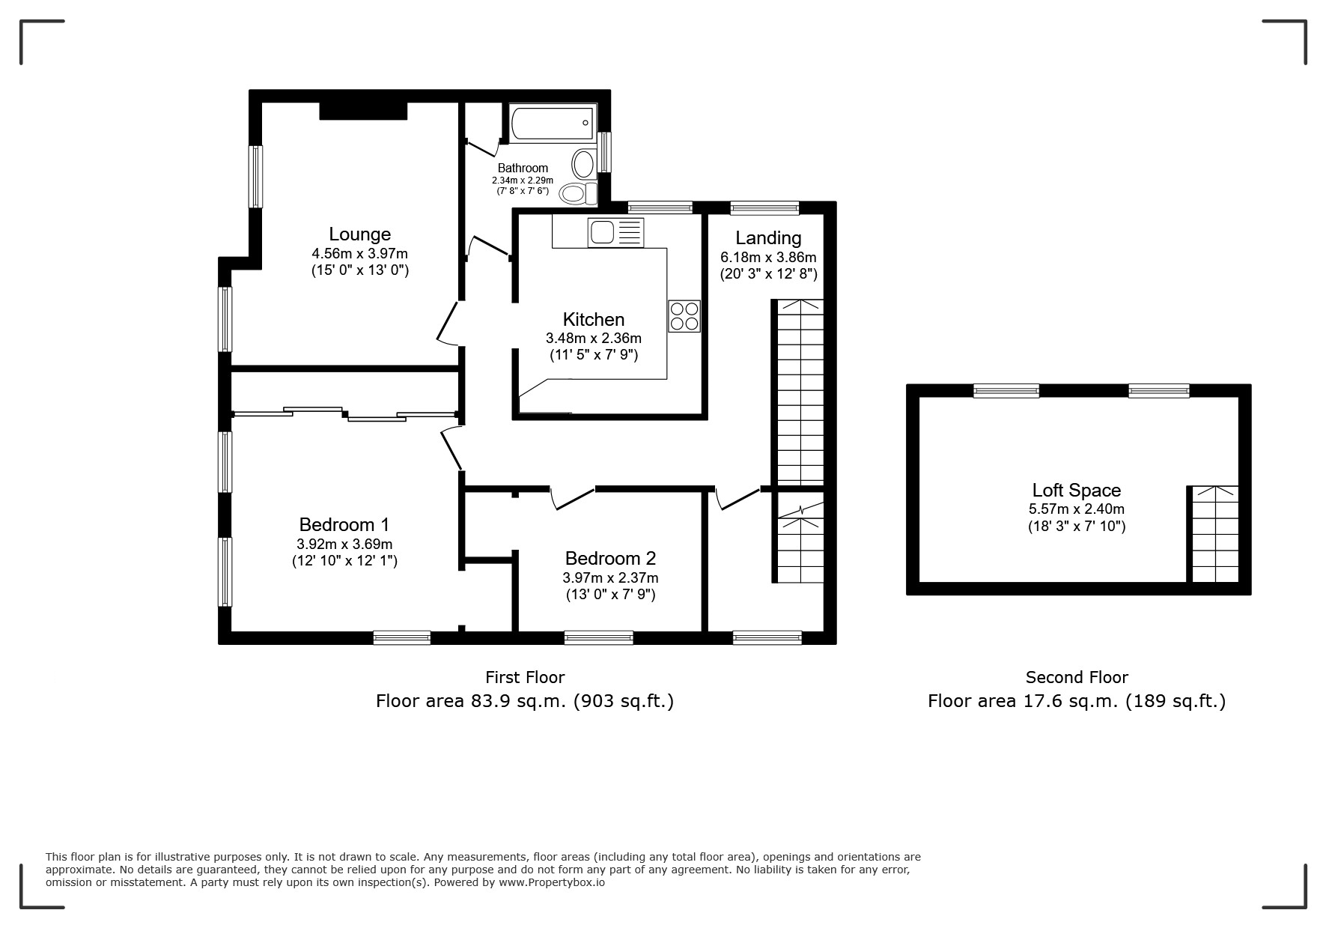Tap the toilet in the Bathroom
coord(578,193)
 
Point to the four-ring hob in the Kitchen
coord(684,315)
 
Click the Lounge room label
coord(359,234)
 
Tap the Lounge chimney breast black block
coord(363,110)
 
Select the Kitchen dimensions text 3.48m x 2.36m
coord(593,339)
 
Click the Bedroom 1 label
coord(344,524)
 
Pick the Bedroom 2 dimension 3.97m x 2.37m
coord(610,577)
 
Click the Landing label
coord(768,238)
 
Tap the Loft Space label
coord(1076,491)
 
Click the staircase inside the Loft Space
coord(1214,533)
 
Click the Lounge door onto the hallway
coord(446,324)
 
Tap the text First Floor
coord(525,678)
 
